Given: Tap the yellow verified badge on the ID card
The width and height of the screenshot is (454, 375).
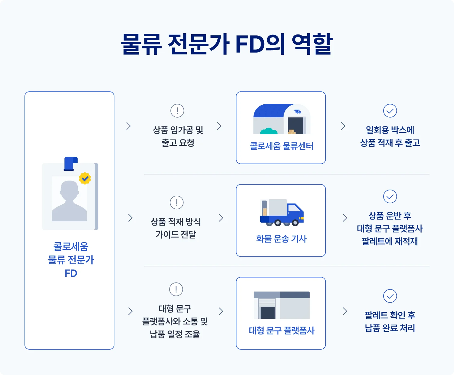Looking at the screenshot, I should (85, 178).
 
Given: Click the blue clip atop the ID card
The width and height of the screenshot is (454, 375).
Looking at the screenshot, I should (71, 164).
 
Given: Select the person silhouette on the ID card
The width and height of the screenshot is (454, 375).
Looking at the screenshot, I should (69, 201).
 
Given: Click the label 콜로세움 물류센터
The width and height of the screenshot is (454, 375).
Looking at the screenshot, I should (281, 146).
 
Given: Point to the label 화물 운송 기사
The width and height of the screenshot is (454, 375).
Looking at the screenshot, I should (281, 239).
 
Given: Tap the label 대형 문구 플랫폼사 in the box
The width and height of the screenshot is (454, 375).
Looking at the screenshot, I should (281, 330).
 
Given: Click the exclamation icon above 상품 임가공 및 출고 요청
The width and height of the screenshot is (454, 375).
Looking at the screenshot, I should (177, 111).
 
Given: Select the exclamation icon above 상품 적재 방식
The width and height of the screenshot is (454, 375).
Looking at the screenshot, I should (177, 202).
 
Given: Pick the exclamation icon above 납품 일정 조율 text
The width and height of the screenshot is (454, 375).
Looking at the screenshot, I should (176, 289).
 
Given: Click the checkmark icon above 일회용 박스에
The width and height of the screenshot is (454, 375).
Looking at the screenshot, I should (390, 111).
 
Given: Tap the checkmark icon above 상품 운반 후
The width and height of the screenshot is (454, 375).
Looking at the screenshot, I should (390, 197).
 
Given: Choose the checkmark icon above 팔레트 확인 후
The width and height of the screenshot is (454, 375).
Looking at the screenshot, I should (390, 296).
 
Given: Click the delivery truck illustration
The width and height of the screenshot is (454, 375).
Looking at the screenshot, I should (281, 213).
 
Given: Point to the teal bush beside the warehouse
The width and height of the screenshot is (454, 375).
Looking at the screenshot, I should (269, 131).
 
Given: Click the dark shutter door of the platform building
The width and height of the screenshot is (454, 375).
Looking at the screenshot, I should (268, 312).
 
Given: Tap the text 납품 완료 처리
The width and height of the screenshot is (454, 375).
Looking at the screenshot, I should (390, 328).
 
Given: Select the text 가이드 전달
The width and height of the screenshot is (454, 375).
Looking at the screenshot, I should (176, 234).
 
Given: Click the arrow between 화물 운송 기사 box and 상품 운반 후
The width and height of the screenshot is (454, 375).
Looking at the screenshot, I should (345, 218).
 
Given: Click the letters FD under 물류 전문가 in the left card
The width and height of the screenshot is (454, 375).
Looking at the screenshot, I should (71, 273).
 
